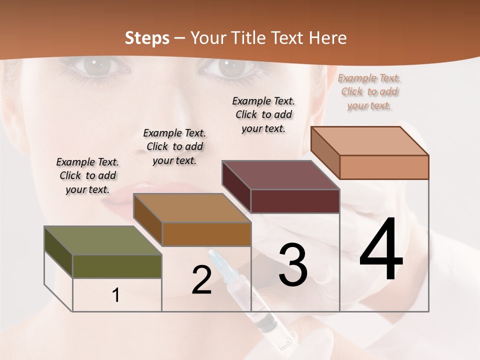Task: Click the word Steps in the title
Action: tap(147, 38)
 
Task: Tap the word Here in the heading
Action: tap(328, 38)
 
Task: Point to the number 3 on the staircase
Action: tap(292, 265)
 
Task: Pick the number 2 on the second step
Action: tap(201, 280)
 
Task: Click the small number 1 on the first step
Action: tap(115, 295)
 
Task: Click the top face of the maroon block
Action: tap(280, 175)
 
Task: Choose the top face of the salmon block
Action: tap(369, 141)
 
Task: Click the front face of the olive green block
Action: tap(117, 266)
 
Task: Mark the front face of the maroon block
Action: tap(295, 201)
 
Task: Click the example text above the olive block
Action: tap(87, 175)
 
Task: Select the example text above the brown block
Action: tap(174, 146)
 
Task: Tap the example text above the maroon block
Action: tap(263, 114)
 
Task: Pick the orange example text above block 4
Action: tap(369, 91)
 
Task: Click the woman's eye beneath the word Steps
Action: tap(100, 66)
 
